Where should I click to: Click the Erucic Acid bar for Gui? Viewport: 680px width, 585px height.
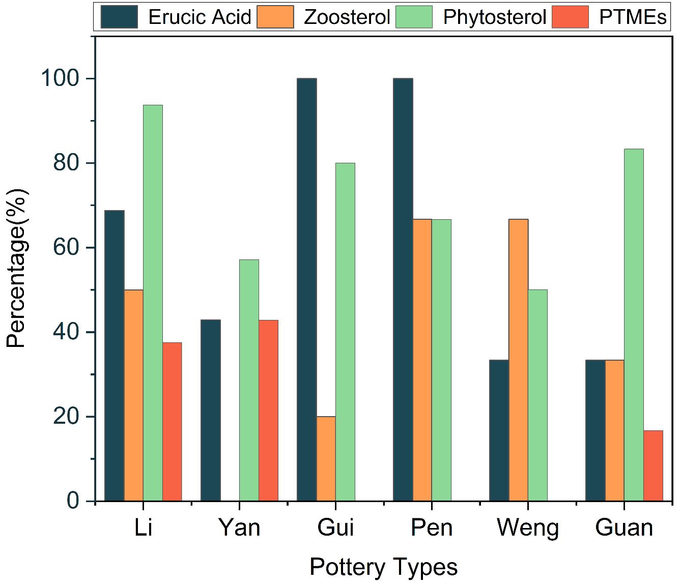tap(307, 290)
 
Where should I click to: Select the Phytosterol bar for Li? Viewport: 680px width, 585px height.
tap(153, 303)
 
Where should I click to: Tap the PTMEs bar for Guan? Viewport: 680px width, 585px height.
tap(653, 466)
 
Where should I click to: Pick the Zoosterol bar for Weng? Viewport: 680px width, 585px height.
tap(518, 360)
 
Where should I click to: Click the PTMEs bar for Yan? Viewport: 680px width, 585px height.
tap(268, 411)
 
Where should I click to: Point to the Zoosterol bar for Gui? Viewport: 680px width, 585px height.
tap(326, 459)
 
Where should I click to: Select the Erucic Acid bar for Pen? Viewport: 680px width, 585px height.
tap(403, 290)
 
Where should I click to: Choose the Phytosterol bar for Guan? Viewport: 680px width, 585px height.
tap(634, 325)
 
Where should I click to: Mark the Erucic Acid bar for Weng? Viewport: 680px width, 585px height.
tap(499, 430)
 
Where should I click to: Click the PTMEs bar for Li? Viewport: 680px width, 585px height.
tap(172, 422)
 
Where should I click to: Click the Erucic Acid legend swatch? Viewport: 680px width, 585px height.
tap(119, 17)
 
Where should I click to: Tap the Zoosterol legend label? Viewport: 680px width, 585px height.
tap(347, 17)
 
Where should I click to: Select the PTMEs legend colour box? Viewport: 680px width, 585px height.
tap(570, 17)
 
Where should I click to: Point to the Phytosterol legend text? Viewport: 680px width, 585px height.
tap(494, 17)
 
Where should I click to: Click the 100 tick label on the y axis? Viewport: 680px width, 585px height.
tap(60, 78)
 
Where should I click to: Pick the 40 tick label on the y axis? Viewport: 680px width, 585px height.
tap(66, 332)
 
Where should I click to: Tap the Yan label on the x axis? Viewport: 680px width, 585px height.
tap(239, 528)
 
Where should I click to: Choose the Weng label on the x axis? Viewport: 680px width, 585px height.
tap(528, 528)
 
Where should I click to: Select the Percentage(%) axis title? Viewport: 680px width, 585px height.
tap(17, 268)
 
